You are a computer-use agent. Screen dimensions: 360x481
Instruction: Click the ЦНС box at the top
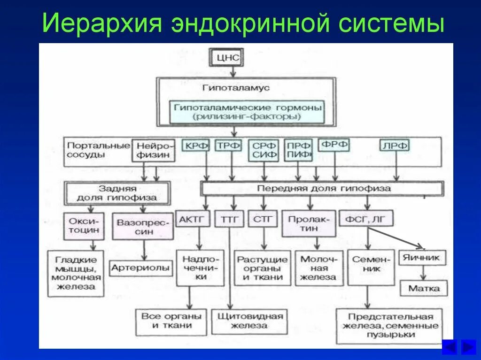[x=228, y=58]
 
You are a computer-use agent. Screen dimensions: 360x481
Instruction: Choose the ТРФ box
[x=229, y=146]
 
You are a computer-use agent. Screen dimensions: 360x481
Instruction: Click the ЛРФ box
[x=395, y=146]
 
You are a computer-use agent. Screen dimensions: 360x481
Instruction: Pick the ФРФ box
[x=334, y=145]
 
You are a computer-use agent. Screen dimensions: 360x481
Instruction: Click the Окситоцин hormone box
[x=84, y=226]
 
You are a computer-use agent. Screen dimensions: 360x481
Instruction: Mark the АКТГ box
[x=193, y=219]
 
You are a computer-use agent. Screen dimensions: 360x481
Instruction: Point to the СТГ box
[x=263, y=219]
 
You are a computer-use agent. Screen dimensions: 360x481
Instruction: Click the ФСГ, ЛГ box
[x=366, y=219]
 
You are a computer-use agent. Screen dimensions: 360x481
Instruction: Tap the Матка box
[x=424, y=288]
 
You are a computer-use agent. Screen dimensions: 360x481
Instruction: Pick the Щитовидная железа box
[x=249, y=321]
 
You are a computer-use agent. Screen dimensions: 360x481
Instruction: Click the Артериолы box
[x=140, y=268]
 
